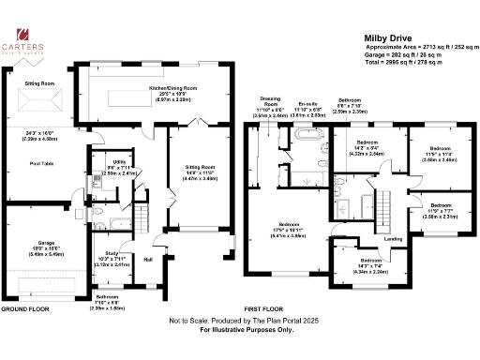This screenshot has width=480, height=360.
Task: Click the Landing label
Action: (x=394, y=239)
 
